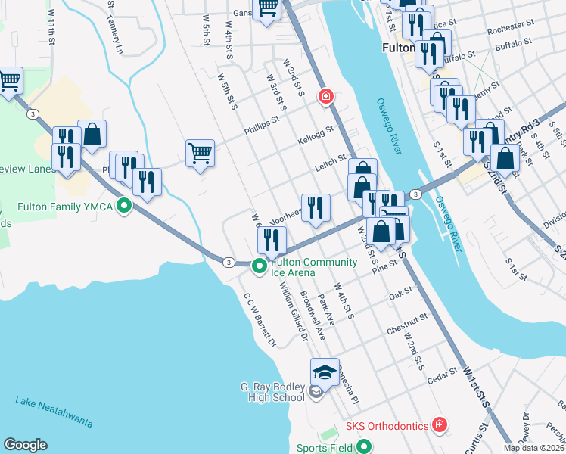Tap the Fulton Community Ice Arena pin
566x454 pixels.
click(x=259, y=266)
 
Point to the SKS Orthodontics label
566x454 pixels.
click(x=387, y=426)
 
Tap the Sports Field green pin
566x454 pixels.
click(x=364, y=447)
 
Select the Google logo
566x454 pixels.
click(x=25, y=445)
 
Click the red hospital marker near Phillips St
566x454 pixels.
click(x=326, y=97)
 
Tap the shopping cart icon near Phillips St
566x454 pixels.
click(x=201, y=153)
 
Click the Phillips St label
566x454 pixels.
click(x=262, y=126)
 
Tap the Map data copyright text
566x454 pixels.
click(x=533, y=448)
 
